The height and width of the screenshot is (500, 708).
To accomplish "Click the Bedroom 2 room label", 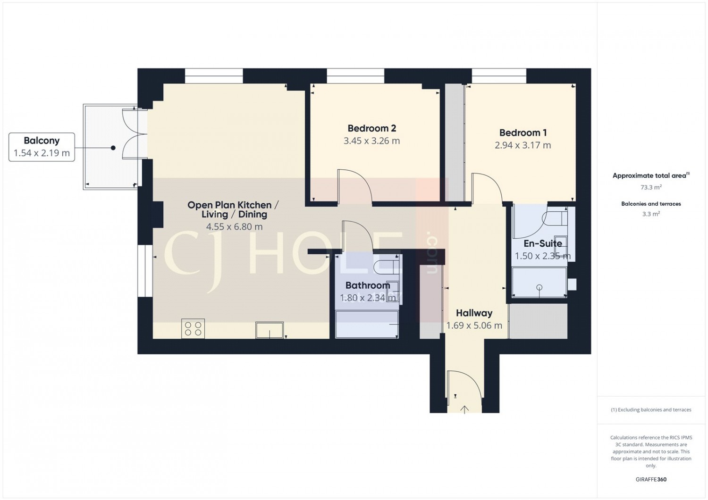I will click(x=371, y=128).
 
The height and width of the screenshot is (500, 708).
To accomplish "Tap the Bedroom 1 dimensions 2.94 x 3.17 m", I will click(x=523, y=145).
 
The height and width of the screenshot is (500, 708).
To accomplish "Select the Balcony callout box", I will click(x=42, y=147).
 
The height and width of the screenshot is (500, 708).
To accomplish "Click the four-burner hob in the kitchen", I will click(x=193, y=328).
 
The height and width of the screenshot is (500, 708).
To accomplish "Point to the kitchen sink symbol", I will click(x=270, y=330).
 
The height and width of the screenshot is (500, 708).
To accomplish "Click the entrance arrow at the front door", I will click(x=464, y=409).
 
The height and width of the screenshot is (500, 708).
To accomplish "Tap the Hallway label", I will click(x=474, y=313).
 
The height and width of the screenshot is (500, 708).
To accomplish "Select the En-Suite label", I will click(x=543, y=244).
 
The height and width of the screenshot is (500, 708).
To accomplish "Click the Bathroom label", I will click(x=368, y=285).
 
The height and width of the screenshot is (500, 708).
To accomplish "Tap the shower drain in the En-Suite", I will click(x=539, y=287).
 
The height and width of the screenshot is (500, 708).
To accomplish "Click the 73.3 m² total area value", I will click(x=651, y=187).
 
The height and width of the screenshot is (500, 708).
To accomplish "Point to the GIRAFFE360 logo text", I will click(x=651, y=479).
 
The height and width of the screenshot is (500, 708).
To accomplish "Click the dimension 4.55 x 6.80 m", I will click(x=234, y=227).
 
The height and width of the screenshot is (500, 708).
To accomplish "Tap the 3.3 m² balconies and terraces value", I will click(x=651, y=214).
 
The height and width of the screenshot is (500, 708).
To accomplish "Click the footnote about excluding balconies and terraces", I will click(x=651, y=410).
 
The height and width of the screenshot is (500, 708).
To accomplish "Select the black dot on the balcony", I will click(x=113, y=148).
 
